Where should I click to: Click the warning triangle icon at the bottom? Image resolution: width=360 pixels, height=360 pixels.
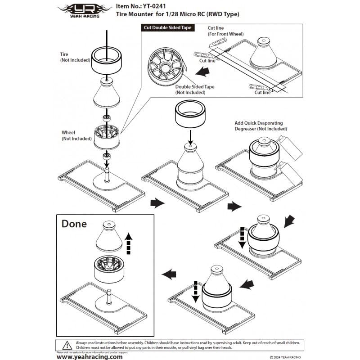pyautogui.click(x=67, y=345)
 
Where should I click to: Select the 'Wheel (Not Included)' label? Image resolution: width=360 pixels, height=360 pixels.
pyautogui.click(x=76, y=135)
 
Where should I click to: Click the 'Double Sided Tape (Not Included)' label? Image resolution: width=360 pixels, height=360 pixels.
pyautogui.click(x=194, y=90)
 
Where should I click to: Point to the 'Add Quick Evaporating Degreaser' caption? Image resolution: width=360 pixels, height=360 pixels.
pyautogui.click(x=261, y=126)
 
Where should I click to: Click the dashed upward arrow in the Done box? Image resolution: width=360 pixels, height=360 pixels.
pyautogui.click(x=129, y=243)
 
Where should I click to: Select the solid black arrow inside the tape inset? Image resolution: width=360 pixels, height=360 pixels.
pyautogui.click(x=205, y=70)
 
